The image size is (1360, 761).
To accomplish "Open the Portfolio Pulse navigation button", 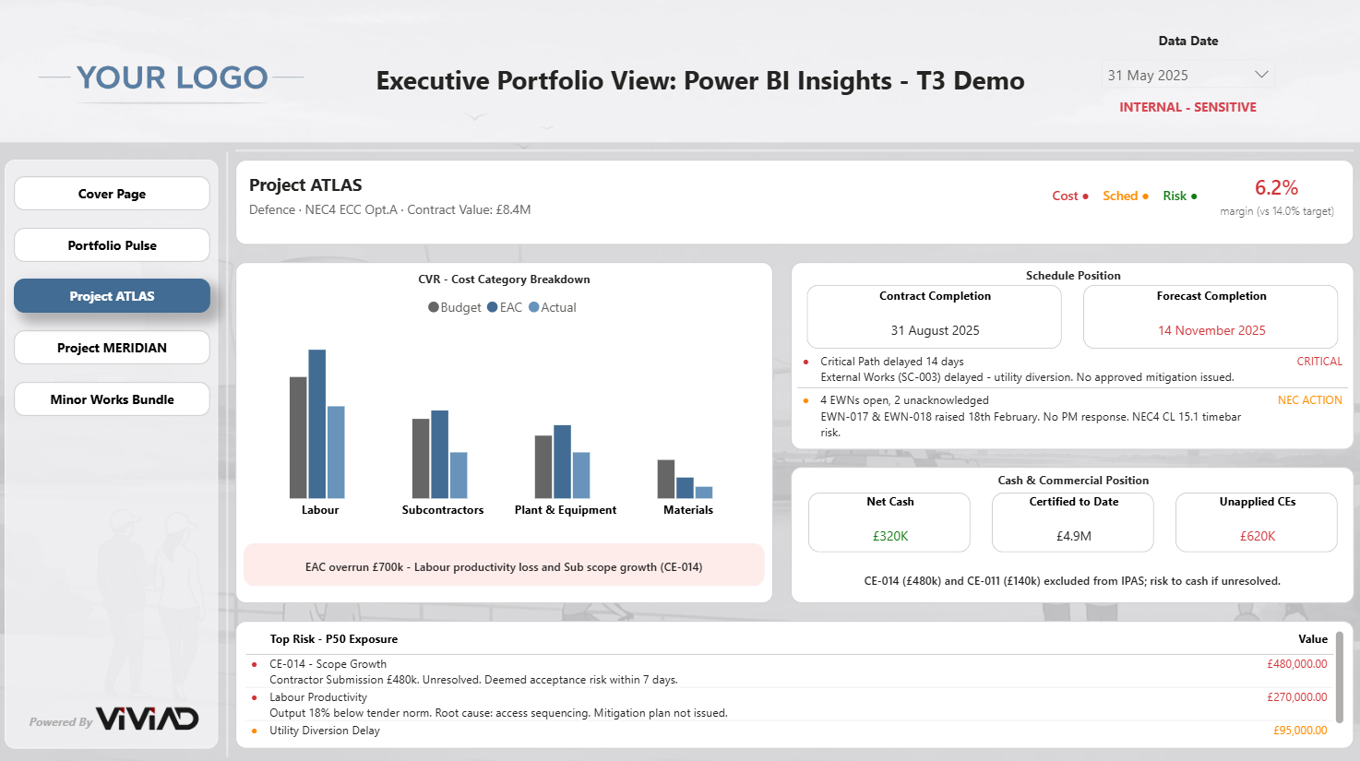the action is [112, 245].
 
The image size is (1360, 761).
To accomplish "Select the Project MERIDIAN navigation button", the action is [112, 348].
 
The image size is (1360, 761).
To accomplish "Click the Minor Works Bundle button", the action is [112, 399].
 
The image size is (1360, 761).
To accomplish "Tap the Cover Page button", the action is [112, 194].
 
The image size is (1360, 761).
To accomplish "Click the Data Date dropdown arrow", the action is [1261, 75].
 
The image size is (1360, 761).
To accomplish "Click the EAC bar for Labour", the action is [316, 423].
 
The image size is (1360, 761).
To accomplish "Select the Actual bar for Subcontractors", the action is [459, 475].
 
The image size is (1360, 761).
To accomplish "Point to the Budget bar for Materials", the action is [666, 479].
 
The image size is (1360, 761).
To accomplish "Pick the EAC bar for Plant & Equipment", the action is [562, 462].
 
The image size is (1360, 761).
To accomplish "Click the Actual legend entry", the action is [553, 307].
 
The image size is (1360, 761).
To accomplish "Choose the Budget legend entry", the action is [455, 307].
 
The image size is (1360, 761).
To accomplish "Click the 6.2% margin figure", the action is [1276, 187].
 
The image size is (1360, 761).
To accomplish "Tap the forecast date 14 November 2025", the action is [1211, 330].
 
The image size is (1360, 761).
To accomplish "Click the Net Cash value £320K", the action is [890, 536].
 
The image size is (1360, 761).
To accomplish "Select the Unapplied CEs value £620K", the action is [1258, 536].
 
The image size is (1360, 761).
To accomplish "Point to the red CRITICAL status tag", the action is [1319, 361].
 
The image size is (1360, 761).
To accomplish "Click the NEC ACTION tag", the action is [1309, 400].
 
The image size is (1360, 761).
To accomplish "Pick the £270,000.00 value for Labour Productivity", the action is [1297, 697].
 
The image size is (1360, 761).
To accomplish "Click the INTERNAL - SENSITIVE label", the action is [1187, 107].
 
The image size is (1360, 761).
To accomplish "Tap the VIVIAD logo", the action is [148, 719].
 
